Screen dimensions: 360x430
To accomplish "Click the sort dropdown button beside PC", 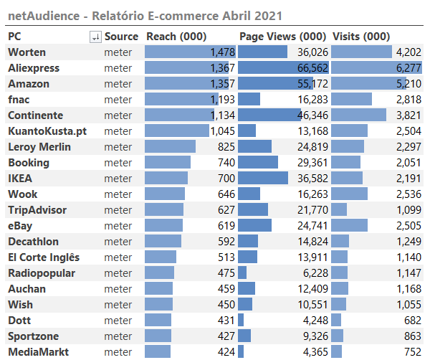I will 95,37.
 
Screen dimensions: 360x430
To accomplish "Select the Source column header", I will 121,37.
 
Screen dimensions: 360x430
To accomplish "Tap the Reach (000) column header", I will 176,37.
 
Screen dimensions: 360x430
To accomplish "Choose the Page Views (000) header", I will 283,37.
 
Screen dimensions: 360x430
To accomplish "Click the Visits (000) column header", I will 361,37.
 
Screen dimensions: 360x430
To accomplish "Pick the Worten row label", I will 27,52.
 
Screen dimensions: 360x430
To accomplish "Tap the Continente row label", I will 36,115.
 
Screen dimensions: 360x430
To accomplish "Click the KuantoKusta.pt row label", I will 47,131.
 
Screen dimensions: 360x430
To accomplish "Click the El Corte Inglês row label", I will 44,257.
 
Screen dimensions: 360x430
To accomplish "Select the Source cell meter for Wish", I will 118,305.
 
